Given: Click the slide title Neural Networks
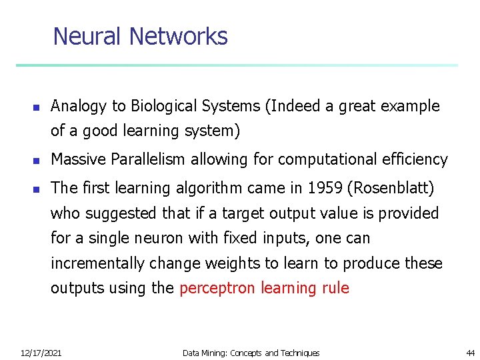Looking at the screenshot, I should coord(140,36).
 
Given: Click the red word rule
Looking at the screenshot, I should coord(335,288).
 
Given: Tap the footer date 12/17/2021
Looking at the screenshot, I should coord(41,353).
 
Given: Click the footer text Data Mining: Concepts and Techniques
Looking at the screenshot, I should coord(251,353).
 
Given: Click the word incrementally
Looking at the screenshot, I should coord(97,264).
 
